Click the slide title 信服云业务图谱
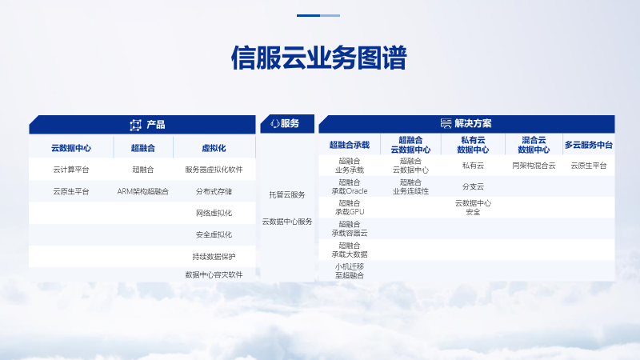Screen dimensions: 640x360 click(318, 58)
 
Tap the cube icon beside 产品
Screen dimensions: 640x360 click(135, 125)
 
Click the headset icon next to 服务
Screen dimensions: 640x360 click(275, 123)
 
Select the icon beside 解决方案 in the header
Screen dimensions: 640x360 click(446, 123)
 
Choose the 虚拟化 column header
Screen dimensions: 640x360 click(214, 148)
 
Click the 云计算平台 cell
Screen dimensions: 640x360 click(71, 170)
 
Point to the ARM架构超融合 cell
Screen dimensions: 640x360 click(143, 191)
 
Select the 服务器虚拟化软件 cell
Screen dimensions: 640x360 click(214, 170)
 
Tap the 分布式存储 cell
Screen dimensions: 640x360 click(214, 191)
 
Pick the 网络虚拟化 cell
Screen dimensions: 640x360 click(214, 213)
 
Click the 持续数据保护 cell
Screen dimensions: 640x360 click(214, 256)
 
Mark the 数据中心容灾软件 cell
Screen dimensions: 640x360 click(214, 274)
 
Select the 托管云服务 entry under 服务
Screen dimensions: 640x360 click(287, 194)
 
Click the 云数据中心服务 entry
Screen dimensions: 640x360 click(287, 222)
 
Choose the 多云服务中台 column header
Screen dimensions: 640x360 click(589, 145)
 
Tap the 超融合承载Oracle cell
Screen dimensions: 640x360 click(350, 186)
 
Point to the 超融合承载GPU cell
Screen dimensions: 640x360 click(350, 207)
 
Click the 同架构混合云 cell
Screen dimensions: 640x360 click(534, 166)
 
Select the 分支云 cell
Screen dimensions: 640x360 click(473, 186)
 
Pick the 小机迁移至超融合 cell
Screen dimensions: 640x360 click(350, 270)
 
